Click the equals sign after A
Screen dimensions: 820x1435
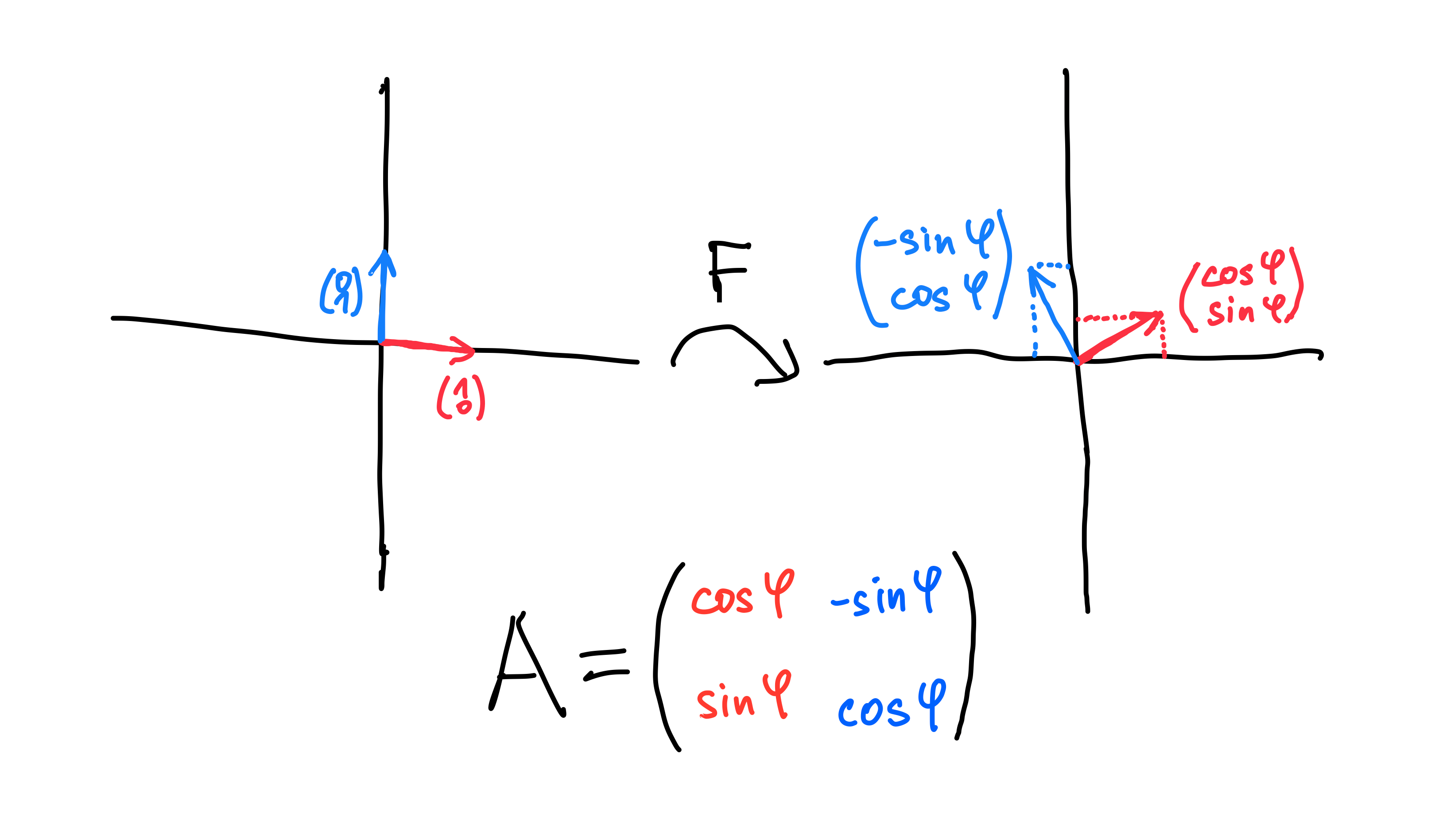pos(604,663)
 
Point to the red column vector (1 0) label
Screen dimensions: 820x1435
pos(461,398)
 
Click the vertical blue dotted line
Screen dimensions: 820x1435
pos(1035,332)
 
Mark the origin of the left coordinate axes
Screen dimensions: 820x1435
pos(381,342)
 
